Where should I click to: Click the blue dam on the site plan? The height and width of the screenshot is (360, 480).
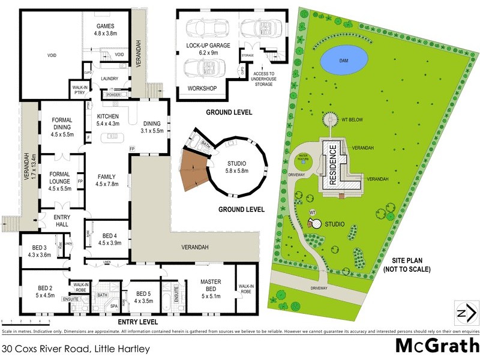tap(343, 59)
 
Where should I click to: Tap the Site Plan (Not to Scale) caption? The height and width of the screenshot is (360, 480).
tap(409, 265)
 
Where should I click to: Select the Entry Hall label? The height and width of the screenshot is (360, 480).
tap(62, 221)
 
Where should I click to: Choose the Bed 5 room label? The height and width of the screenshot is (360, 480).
tap(144, 296)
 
